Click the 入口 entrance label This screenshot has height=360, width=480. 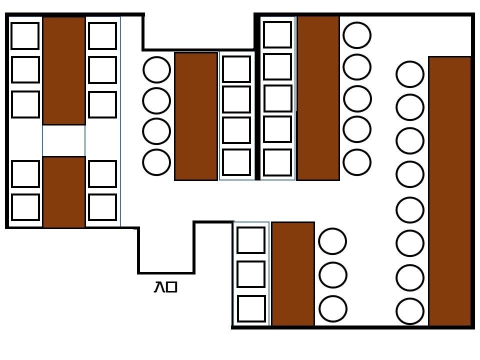(165, 287)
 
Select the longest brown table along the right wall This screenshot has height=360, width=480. (450, 191)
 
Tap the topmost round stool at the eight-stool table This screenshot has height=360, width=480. (410, 74)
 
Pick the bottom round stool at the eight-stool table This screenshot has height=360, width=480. (410, 311)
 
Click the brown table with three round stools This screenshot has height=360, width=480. (292, 274)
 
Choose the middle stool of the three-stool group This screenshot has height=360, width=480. (333, 274)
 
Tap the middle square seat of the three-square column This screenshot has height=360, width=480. (251, 274)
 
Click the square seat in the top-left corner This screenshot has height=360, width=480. (25, 36)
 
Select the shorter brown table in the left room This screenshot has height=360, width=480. (64, 192)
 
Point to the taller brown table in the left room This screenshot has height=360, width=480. (64, 70)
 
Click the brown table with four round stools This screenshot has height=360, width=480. (195, 116)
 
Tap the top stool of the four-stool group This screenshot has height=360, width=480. (156, 69)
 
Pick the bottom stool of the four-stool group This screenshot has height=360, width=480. (156, 162)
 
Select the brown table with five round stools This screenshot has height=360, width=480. (318, 98)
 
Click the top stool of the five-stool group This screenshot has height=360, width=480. (357, 35)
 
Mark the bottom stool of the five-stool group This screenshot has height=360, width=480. (357, 162)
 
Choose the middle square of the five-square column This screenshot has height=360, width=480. (277, 98)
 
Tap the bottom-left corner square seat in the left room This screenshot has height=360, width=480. (25, 207)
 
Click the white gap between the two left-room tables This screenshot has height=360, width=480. (64, 140)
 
